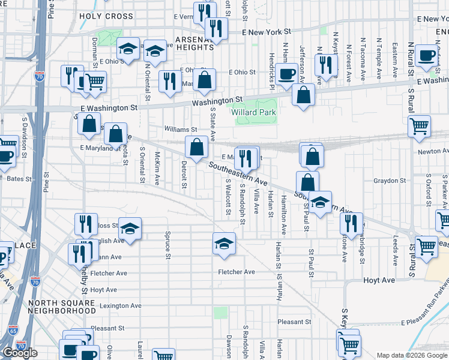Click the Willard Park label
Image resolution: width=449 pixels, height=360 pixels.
253,112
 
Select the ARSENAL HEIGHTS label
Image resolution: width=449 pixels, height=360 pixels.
194,43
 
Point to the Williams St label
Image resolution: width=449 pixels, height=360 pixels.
181,129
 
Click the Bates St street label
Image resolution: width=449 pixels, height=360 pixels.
19,179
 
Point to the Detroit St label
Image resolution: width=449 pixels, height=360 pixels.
184,172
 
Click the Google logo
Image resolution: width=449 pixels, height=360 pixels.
20,352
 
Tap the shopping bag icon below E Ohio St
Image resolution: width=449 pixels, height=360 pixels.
204,80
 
